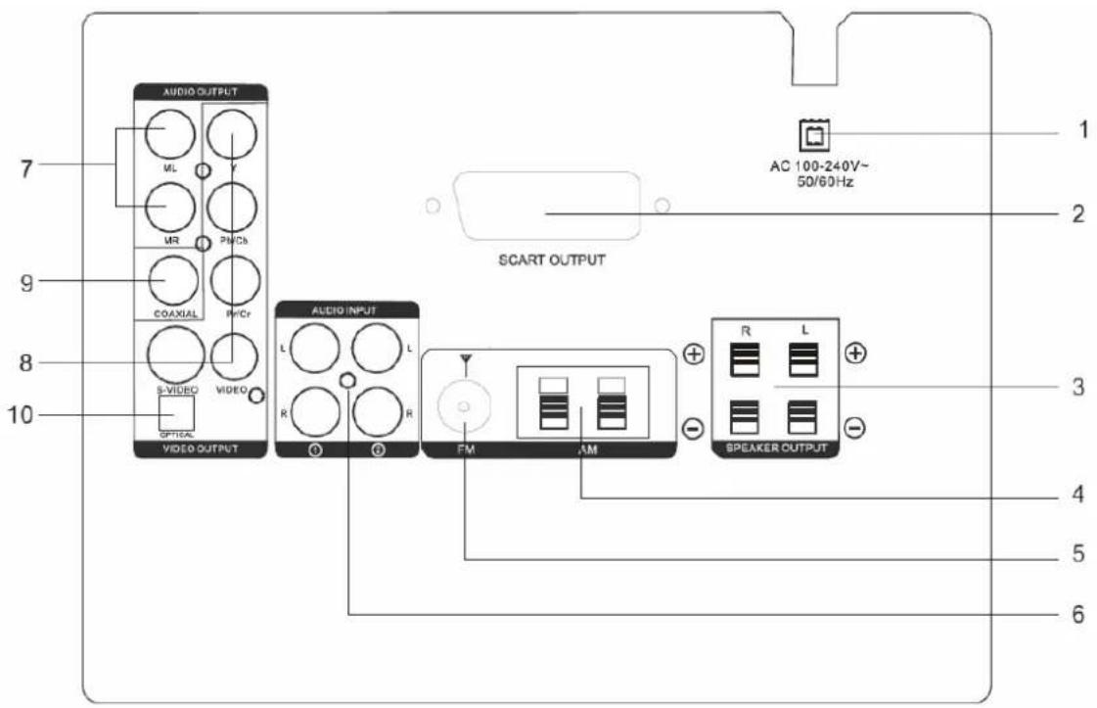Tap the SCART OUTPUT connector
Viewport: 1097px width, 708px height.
[545, 208]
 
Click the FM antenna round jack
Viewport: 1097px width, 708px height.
[463, 405]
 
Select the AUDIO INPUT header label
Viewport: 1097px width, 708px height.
[349, 310]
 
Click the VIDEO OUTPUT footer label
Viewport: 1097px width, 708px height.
[200, 450]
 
